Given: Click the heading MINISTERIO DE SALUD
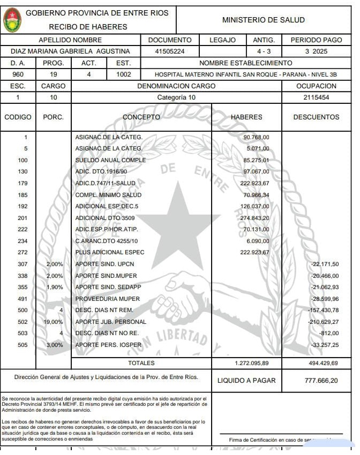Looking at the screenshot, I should point(263,20).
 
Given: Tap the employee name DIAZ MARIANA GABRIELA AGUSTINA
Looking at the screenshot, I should point(71,51).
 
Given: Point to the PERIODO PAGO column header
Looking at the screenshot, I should point(316,40).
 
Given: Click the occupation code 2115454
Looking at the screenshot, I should point(316,97).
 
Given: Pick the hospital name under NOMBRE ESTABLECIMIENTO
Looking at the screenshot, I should point(246,74).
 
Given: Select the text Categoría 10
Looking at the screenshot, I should point(176,97).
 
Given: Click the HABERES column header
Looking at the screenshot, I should point(246,117).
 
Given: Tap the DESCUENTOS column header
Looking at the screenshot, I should point(316,117).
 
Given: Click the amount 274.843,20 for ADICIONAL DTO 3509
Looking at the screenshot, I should point(254,218).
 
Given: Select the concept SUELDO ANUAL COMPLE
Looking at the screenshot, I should point(110,160).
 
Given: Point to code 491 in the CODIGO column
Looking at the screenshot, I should point(22,299).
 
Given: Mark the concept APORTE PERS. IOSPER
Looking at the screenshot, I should point(106,345).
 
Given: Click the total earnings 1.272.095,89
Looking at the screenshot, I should point(251,363).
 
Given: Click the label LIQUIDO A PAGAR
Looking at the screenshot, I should point(246,381).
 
